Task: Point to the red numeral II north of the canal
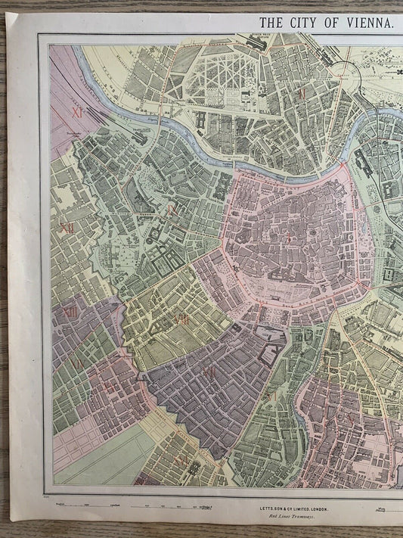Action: click(x=302, y=95)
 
